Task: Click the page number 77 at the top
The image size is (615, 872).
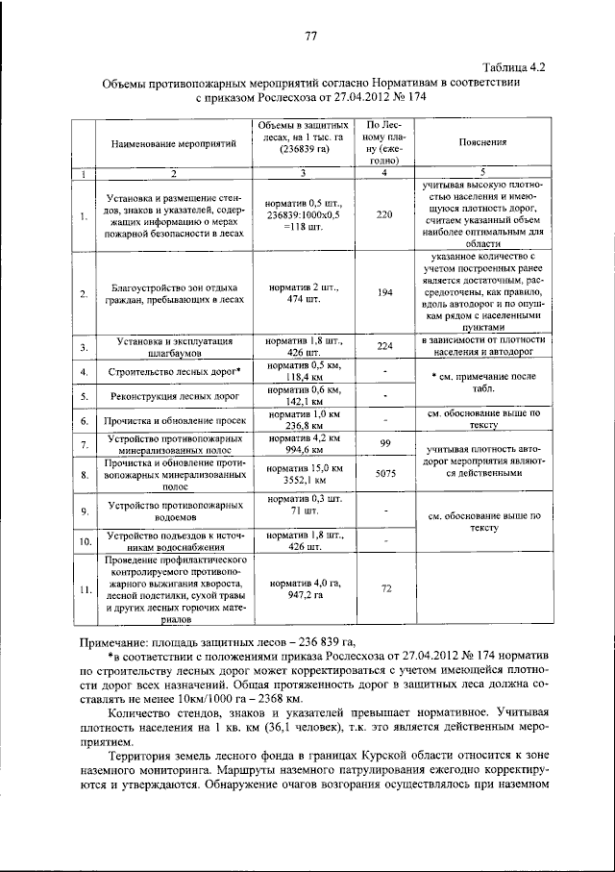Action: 310,37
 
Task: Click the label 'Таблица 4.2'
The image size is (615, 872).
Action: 514,67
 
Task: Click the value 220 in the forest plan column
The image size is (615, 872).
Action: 384,214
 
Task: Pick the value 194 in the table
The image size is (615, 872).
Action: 384,292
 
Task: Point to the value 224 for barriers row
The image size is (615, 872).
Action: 384,346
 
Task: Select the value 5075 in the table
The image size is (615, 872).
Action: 384,474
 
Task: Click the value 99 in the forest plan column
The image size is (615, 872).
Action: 384,442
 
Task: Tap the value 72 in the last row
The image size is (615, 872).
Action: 384,587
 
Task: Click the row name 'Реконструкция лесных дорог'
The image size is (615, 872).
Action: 174,396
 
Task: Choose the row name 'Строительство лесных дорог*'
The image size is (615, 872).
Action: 174,371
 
